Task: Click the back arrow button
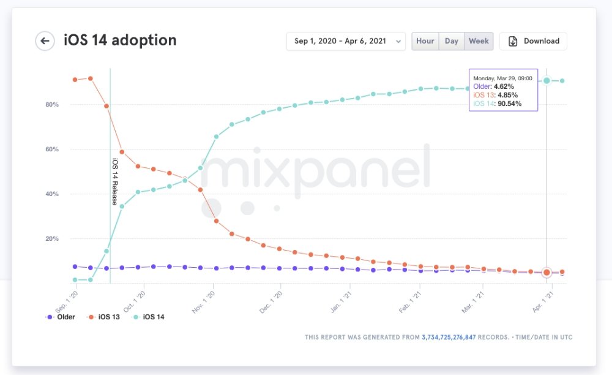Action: (45, 41)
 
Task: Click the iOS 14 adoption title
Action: (120, 40)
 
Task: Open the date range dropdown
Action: (346, 41)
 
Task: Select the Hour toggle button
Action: (425, 41)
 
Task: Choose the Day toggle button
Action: (451, 41)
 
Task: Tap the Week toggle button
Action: (479, 41)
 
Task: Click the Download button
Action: (533, 41)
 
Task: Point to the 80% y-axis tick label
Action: (51, 105)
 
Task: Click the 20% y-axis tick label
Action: (51, 239)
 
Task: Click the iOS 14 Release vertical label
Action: (114, 181)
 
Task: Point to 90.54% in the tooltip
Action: (509, 104)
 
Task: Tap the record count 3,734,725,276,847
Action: (465, 337)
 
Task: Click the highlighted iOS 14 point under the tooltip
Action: (547, 80)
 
